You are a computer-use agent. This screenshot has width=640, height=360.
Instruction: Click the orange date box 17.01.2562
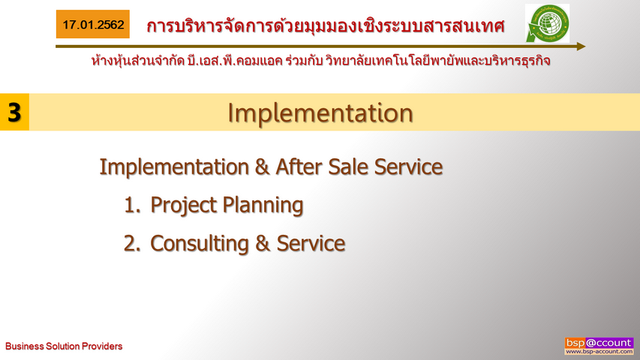pyautogui.click(x=92, y=24)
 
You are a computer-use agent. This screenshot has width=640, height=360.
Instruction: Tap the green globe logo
pyautogui.click(x=547, y=23)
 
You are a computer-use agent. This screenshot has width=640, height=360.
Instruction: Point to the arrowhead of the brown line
pyautogui.click(x=581, y=46)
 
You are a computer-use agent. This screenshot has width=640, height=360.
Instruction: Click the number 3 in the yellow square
pyautogui.click(x=14, y=112)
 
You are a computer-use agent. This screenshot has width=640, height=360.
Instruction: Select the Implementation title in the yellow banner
pyautogui.click(x=320, y=112)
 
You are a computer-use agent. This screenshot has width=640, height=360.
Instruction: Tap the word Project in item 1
pyautogui.click(x=183, y=205)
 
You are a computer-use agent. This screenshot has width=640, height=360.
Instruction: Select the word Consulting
pyautogui.click(x=200, y=243)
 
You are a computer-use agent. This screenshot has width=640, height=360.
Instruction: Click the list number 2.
pyautogui.click(x=132, y=243)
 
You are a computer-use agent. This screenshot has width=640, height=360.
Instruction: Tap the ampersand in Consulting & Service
pyautogui.click(x=263, y=243)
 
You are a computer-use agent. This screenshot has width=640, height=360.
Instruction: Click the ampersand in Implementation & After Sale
pyautogui.click(x=262, y=166)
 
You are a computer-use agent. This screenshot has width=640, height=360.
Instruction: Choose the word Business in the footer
pyautogui.click(x=25, y=346)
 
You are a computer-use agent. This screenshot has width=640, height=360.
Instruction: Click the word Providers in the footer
pyautogui.click(x=102, y=346)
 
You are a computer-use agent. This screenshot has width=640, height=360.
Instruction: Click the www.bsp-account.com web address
pyautogui.click(x=599, y=352)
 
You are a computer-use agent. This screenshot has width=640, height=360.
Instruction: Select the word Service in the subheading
pyautogui.click(x=408, y=166)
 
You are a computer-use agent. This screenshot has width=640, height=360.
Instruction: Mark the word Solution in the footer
pyautogui.click(x=63, y=346)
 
